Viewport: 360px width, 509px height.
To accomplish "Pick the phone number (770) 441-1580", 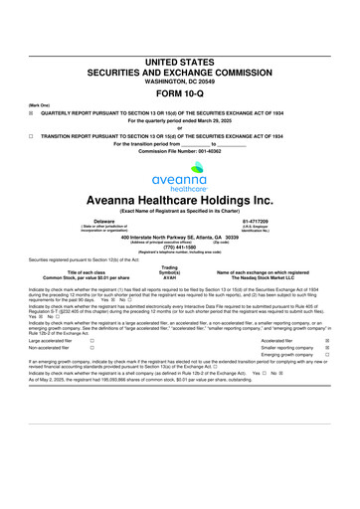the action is click(x=179, y=248).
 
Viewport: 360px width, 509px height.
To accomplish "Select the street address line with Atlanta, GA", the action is click(x=179, y=238).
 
